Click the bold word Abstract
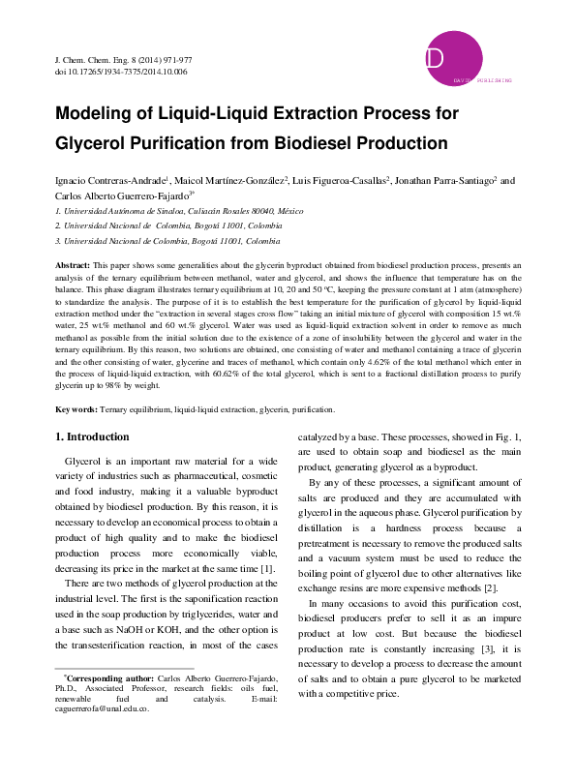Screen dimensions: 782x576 click(x=72, y=264)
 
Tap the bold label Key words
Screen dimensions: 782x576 click(x=75, y=410)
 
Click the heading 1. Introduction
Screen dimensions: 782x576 click(x=91, y=437)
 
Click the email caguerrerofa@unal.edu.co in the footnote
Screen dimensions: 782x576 click(x=102, y=737)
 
